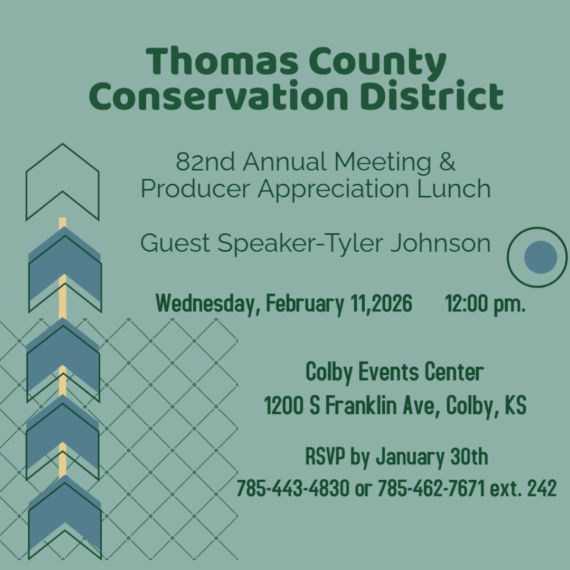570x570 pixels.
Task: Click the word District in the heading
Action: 432,94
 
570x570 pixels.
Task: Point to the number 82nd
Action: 205,161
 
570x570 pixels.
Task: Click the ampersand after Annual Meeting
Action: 447,161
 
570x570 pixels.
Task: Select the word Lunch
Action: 454,188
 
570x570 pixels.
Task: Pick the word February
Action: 305,303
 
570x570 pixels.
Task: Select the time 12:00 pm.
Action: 486,303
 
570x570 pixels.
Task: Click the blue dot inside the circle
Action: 540,257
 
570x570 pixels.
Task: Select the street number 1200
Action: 283,405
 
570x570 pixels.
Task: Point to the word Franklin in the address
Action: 360,405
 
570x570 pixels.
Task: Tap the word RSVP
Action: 325,456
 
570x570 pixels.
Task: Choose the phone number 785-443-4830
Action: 293,488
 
